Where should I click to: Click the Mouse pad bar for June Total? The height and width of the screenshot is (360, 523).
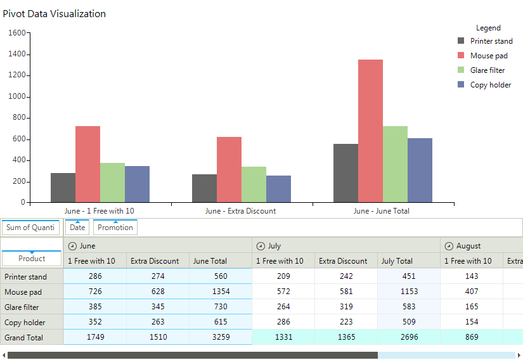(370, 131)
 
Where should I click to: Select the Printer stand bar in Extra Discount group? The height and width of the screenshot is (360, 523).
(204, 188)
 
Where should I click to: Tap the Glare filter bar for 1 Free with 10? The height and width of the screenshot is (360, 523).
(112, 183)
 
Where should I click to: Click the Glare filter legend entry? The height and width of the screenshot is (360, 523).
(487, 70)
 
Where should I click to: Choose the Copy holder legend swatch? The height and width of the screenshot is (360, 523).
(462, 85)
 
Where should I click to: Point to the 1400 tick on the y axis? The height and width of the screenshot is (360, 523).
(17, 55)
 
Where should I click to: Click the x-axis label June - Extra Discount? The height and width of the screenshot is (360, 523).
(240, 211)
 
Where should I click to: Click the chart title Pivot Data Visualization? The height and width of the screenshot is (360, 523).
(55, 14)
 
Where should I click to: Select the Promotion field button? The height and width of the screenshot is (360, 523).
(115, 228)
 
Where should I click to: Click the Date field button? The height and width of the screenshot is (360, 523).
(77, 228)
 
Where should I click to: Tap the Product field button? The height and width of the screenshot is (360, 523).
(32, 259)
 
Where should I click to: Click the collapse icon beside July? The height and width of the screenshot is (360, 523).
(261, 246)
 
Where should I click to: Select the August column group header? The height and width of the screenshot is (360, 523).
(468, 246)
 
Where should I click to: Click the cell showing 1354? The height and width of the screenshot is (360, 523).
(221, 292)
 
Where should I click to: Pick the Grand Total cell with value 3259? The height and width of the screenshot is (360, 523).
(221, 337)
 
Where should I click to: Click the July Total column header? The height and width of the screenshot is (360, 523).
(396, 261)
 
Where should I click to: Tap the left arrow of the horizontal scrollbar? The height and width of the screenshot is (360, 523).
(4, 356)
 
